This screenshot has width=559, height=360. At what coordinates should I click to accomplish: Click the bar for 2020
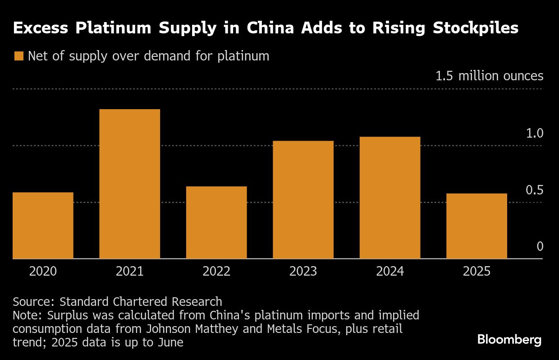[x=43, y=226]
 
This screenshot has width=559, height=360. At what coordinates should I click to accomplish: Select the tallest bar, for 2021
[x=129, y=184]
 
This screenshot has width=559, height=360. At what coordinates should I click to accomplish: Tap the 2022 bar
[x=216, y=222]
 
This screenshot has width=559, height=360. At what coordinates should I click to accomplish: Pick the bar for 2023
[x=303, y=200]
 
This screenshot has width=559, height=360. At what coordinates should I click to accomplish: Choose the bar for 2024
[x=390, y=198]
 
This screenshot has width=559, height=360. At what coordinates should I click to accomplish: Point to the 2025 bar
[x=477, y=226]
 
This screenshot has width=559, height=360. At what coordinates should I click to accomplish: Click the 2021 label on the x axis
[x=129, y=271]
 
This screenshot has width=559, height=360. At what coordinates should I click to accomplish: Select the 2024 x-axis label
[x=390, y=271]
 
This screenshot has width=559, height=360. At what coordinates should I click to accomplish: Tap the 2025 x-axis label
[x=477, y=271]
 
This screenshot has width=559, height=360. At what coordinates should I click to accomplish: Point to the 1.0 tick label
[x=534, y=133]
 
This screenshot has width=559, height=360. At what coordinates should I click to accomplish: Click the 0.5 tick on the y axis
[x=534, y=190]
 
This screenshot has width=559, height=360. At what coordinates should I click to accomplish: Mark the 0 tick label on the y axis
[x=540, y=246]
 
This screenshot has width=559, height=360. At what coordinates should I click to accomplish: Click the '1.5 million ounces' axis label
[x=489, y=76]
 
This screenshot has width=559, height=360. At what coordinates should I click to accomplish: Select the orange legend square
[x=18, y=56]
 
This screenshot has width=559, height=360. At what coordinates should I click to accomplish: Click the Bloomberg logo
[x=509, y=340]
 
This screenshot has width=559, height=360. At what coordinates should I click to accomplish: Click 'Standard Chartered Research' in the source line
[x=141, y=301]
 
